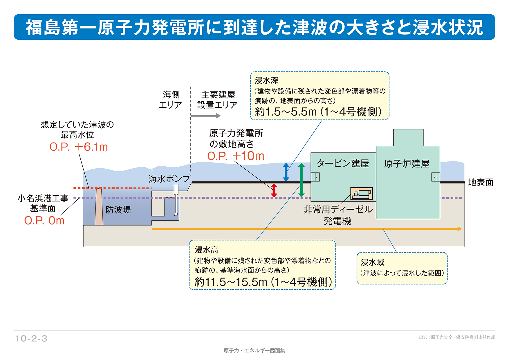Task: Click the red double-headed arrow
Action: tap(274, 190)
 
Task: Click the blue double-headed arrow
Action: tap(286, 172)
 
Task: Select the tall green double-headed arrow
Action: tap(301, 180)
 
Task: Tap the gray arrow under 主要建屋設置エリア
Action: tap(205, 116)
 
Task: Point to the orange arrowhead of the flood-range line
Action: tap(459, 229)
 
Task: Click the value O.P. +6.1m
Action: tap(79, 147)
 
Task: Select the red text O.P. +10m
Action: tap(236, 156)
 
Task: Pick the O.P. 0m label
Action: tap(44, 221)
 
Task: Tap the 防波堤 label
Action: tap(118, 210)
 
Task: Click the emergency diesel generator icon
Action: tap(362, 193)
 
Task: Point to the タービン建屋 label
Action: tap(343, 163)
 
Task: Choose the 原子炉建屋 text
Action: tap(407, 164)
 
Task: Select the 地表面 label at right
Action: tap(481, 182)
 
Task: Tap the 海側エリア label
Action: tap(171, 100)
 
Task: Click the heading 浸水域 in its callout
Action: tap(372, 262)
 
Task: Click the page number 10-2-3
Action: tap(31, 339)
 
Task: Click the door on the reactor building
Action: tap(435, 177)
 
